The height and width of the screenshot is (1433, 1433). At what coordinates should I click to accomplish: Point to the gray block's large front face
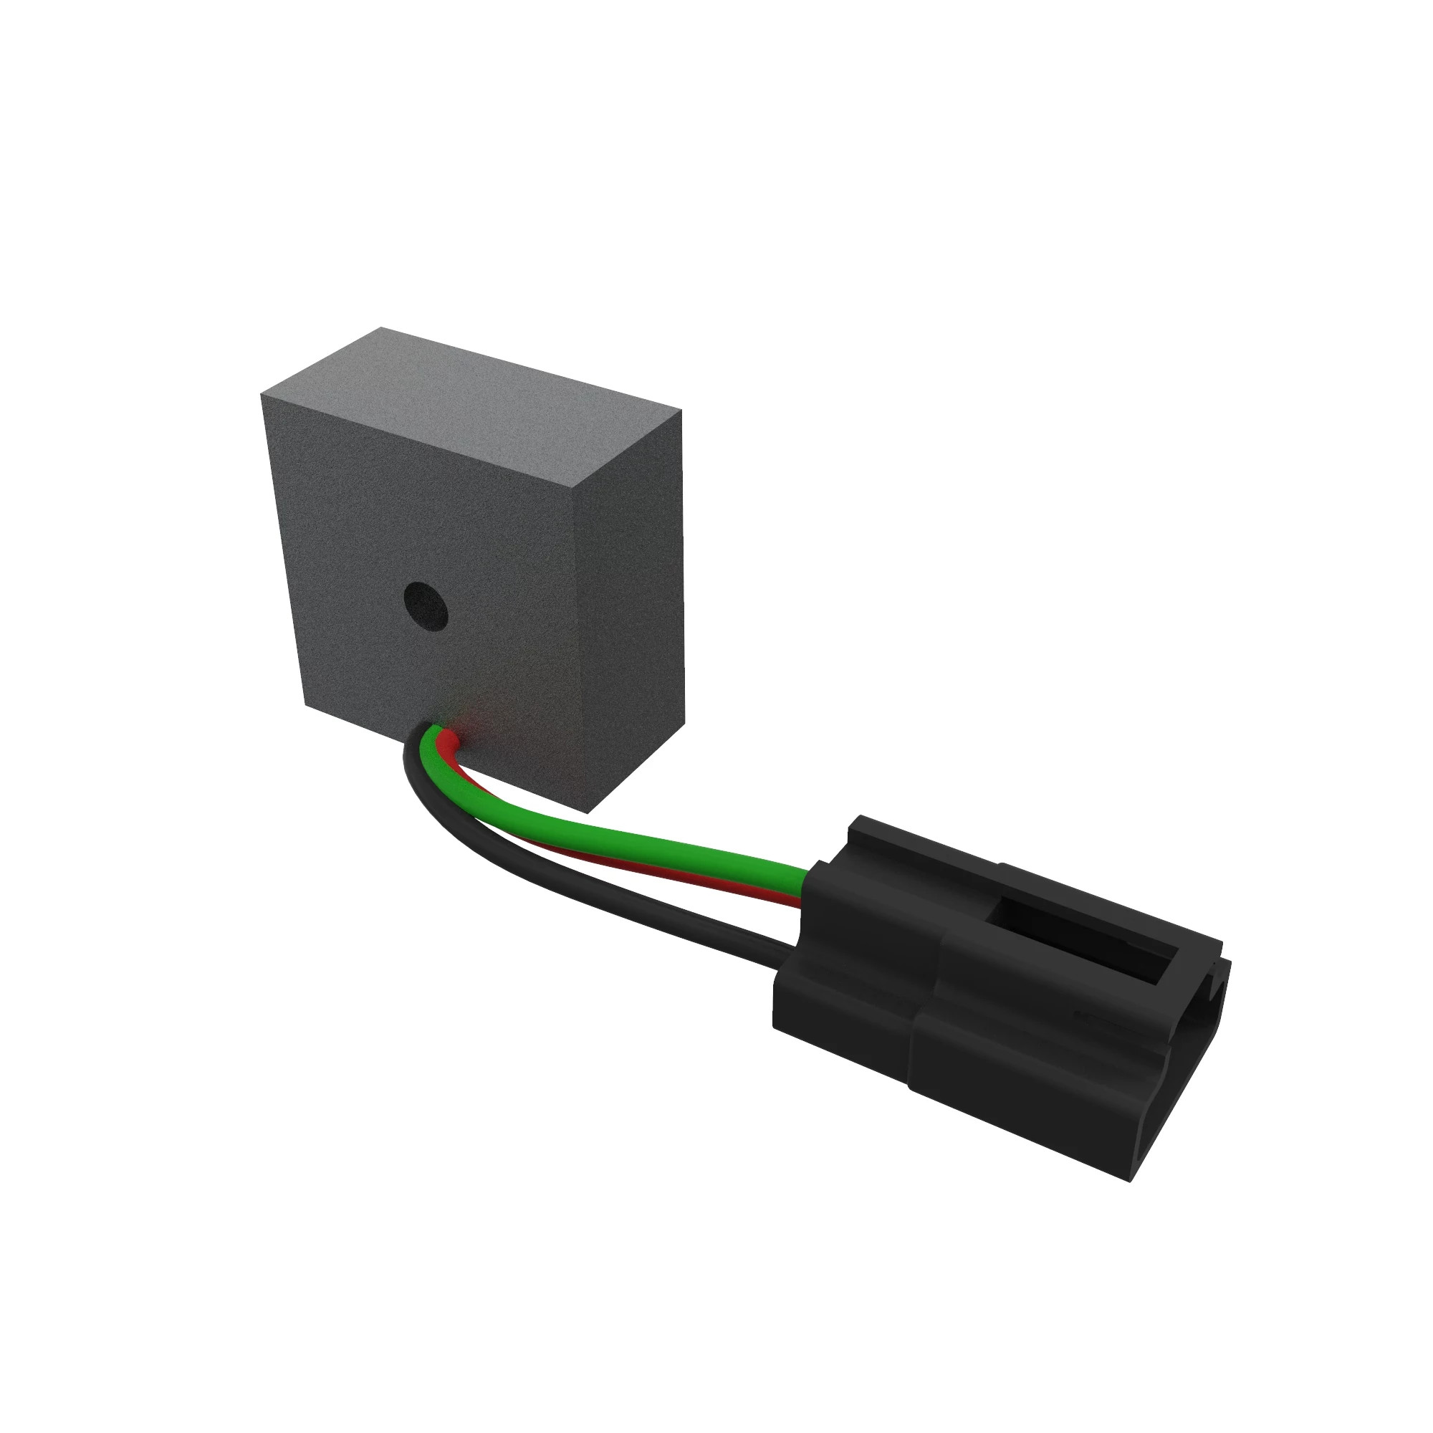[416, 534]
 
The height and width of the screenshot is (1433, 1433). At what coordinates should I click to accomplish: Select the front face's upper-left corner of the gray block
[262, 395]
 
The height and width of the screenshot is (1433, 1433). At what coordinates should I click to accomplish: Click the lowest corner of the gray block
[588, 813]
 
